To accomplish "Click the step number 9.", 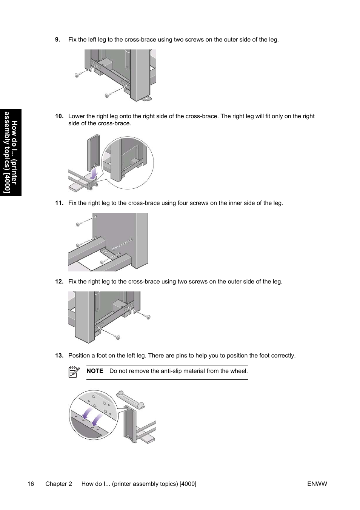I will (57, 40).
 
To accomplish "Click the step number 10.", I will (59, 116).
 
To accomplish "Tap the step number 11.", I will (59, 203).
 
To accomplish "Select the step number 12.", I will (59, 282).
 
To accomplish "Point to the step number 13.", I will (59, 356).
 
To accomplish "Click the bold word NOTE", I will (95, 371).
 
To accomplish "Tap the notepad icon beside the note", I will (74, 372).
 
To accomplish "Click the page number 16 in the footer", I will (31, 484).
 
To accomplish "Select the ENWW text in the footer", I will (317, 484).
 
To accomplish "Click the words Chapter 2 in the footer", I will (58, 484).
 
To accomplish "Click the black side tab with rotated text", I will (11, 153).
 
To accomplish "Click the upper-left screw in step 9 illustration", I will (77, 75).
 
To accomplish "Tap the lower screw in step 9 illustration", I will (107, 95).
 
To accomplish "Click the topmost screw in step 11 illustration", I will (78, 224).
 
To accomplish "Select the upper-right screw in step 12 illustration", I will (148, 317).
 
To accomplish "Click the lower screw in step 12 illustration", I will (118, 337).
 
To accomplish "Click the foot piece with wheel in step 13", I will (131, 400).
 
